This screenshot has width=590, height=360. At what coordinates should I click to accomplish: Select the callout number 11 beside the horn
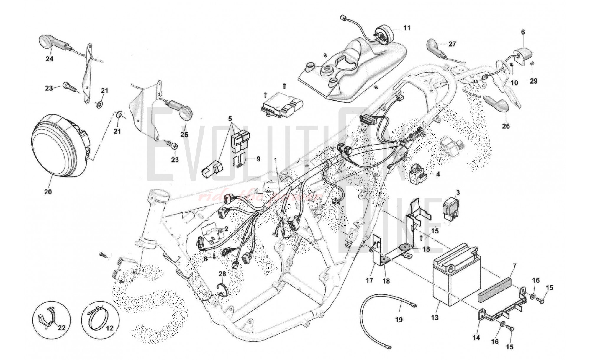(x=407, y=28)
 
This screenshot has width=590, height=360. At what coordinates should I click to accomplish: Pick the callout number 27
(x=452, y=44)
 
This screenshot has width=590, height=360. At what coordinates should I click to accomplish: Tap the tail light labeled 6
(x=522, y=56)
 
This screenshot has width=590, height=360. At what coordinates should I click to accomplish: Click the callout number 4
(x=438, y=174)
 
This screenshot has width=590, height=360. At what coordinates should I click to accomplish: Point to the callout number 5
(x=230, y=119)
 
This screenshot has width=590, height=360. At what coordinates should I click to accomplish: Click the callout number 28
(x=222, y=274)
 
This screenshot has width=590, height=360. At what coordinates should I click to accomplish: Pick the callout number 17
(x=369, y=280)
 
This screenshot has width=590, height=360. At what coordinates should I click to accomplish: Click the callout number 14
(x=476, y=337)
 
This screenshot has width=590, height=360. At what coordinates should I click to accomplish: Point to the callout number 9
(x=258, y=159)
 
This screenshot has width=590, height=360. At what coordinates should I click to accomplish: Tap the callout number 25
(x=184, y=135)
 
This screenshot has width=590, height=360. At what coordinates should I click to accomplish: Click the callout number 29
(x=534, y=81)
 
